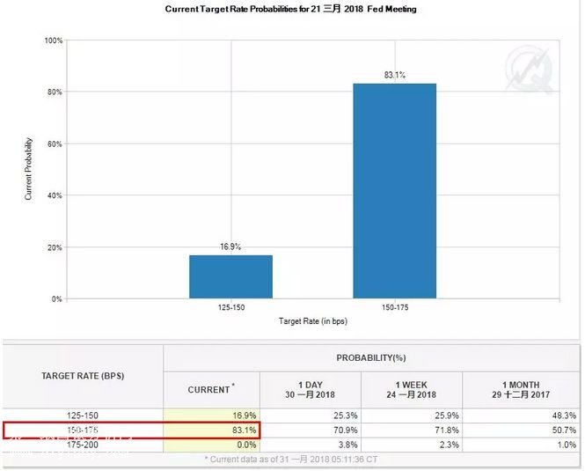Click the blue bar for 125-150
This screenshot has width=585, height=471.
point(230,276)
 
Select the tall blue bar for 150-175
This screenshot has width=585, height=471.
point(395,190)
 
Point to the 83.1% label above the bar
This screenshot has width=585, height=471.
point(394,76)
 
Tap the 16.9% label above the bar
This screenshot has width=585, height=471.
point(230,248)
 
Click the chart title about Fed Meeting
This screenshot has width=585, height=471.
point(290,9)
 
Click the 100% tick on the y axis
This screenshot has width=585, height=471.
point(53,40)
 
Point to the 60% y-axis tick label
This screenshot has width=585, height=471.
point(55,144)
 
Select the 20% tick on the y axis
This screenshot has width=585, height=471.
point(55,247)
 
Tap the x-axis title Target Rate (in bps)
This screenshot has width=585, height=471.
point(313,320)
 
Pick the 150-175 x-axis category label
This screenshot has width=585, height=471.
point(395,309)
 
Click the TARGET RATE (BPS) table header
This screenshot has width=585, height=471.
point(84,376)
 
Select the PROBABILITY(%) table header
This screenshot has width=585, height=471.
point(372,358)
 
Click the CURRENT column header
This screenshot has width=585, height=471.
point(211,388)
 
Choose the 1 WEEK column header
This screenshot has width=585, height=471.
point(412,388)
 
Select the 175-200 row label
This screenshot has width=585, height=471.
point(83,445)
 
